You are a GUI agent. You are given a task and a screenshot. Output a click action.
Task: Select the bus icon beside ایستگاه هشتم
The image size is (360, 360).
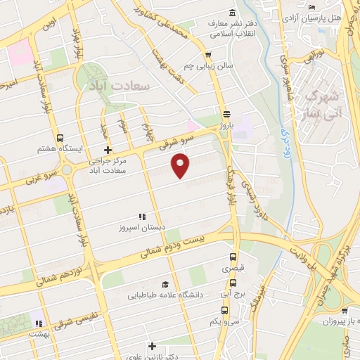pyautogui.click(x=60, y=138)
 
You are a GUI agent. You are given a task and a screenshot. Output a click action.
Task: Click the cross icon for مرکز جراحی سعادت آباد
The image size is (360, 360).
pyautogui.click(x=107, y=149)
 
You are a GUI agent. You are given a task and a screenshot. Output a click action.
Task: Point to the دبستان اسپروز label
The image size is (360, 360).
pyautogui.click(x=141, y=228)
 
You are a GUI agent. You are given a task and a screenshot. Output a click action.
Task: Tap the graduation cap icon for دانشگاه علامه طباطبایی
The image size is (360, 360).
pyautogui.click(x=165, y=284)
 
